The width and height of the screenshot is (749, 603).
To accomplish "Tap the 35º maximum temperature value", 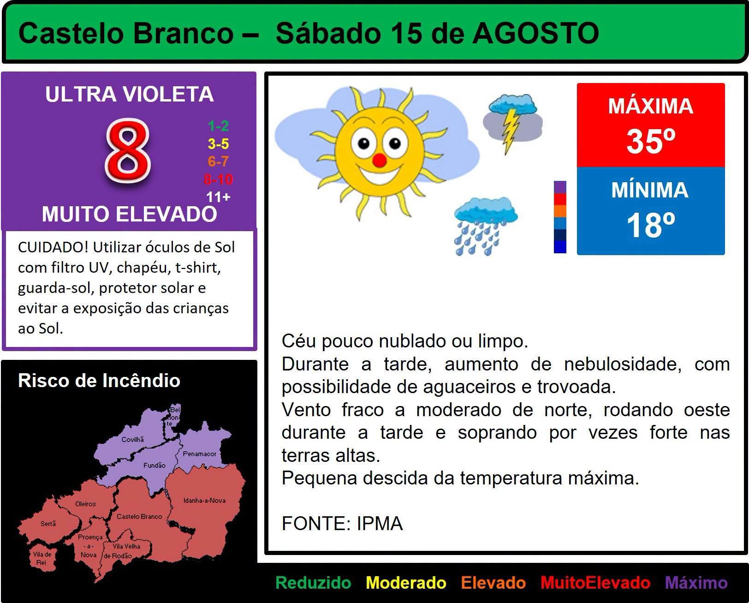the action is click(651, 141).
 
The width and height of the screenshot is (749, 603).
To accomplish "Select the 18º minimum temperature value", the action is click(651, 225).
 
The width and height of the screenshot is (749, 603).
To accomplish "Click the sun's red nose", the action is click(380, 160).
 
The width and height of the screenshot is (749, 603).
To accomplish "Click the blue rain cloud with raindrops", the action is click(486, 227).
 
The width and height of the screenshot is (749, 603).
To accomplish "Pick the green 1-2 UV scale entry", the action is click(218, 125).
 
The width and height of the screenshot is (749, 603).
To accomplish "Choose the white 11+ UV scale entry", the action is click(218, 197).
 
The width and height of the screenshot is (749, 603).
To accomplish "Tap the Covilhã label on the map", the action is click(133, 439).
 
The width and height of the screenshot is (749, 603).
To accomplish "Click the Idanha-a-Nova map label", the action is click(204, 500).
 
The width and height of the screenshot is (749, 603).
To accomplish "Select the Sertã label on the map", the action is click(48, 523).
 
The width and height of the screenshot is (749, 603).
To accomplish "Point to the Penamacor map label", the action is click(199, 454).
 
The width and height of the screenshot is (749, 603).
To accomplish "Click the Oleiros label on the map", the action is click(85, 504).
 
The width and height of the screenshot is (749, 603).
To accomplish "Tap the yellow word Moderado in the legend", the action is click(406, 583).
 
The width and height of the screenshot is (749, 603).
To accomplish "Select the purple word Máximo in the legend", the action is click(696, 583).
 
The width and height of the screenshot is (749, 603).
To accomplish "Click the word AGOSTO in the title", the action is click(535, 33).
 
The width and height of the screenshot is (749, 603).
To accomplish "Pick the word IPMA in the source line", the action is click(380, 523).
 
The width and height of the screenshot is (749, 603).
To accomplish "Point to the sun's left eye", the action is click(363, 143).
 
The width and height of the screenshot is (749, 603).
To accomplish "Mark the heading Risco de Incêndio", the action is click(99, 380).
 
